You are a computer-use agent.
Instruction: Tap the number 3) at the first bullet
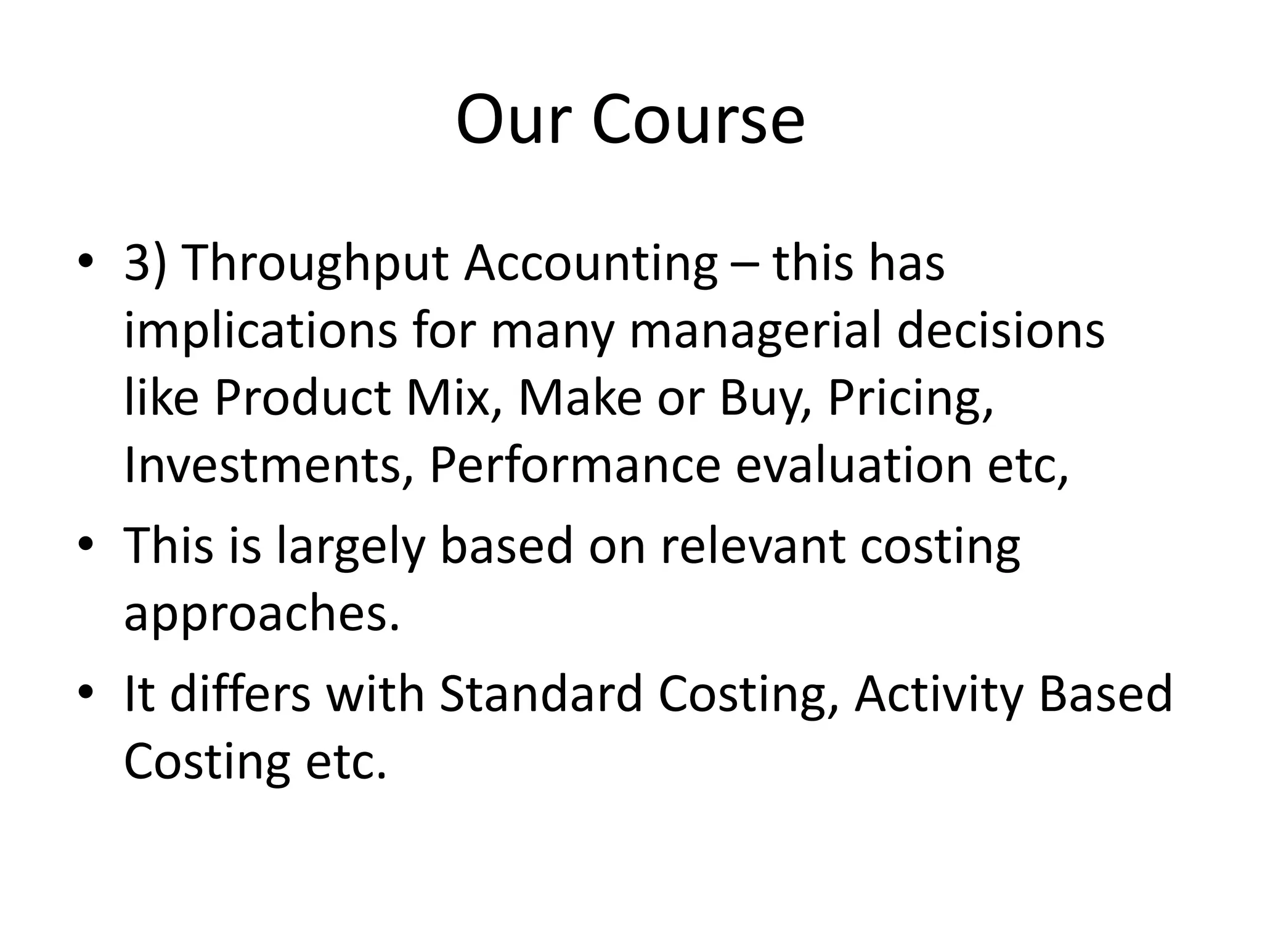point(145,264)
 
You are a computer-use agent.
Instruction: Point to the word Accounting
point(591,264)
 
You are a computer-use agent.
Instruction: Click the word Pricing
point(910,400)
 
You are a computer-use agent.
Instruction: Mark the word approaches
point(262,615)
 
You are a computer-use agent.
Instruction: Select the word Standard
point(540,694)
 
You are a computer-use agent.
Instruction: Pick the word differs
point(240,694)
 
